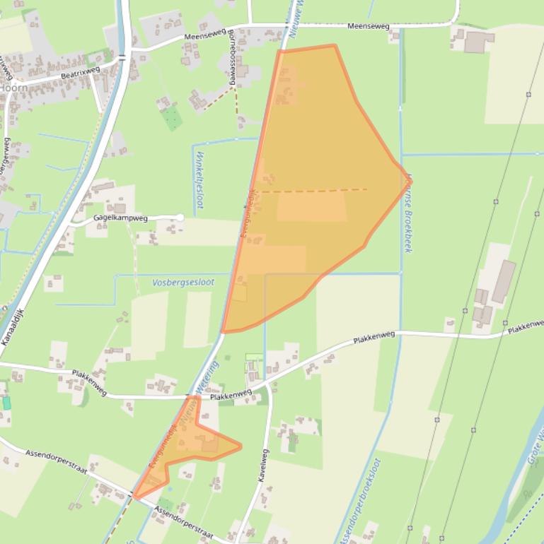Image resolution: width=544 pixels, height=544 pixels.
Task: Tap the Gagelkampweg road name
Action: pos(121,218)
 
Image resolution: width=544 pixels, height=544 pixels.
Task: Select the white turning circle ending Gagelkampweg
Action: pos(180,218)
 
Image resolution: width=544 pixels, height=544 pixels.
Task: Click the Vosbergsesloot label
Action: pos(183,282)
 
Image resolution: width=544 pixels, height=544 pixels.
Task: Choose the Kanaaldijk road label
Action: pos(13,326)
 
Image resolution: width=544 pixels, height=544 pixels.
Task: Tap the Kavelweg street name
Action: pos(263,465)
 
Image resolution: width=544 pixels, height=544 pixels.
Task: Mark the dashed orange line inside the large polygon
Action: pos(311,190)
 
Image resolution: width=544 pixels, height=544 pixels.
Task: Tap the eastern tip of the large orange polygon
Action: pos(410,179)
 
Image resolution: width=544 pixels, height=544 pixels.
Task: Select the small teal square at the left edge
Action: pos(6,403)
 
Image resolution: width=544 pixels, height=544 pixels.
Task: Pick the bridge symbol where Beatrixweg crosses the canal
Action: pos(122,57)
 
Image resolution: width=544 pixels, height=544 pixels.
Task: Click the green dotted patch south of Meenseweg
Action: pos(171,118)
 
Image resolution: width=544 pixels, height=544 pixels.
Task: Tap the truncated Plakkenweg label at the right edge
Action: pos(526,327)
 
